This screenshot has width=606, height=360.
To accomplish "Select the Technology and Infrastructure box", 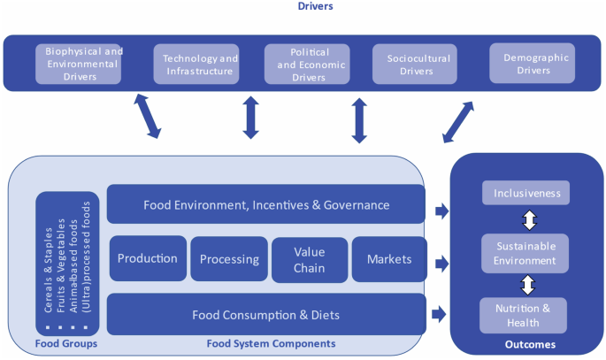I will pos(196,65).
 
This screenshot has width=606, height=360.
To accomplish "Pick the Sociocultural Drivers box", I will pos(414,65).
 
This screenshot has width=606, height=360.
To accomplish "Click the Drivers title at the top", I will pos(302,7).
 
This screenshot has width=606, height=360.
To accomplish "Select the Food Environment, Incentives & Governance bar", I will pos(265,204).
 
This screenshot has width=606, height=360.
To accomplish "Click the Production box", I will pos(148,259).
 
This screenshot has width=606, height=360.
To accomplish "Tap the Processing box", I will pos(228,259).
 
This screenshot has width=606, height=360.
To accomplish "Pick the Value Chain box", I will pos(309,259).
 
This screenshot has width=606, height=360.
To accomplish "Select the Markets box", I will pos(388,259).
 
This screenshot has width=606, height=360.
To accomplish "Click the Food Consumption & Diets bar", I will pos(265,314).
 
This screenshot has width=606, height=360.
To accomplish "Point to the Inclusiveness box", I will pos(527,193).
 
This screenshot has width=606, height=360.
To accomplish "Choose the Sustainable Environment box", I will pos(527,253).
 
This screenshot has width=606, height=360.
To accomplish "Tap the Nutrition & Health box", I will pos(523,315).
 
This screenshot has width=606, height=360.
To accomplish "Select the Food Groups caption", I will pos(65,344).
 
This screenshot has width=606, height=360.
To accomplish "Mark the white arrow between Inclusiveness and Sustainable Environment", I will pos(528,220).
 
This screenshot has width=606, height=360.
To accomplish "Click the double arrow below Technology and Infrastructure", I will pos(250,117).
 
